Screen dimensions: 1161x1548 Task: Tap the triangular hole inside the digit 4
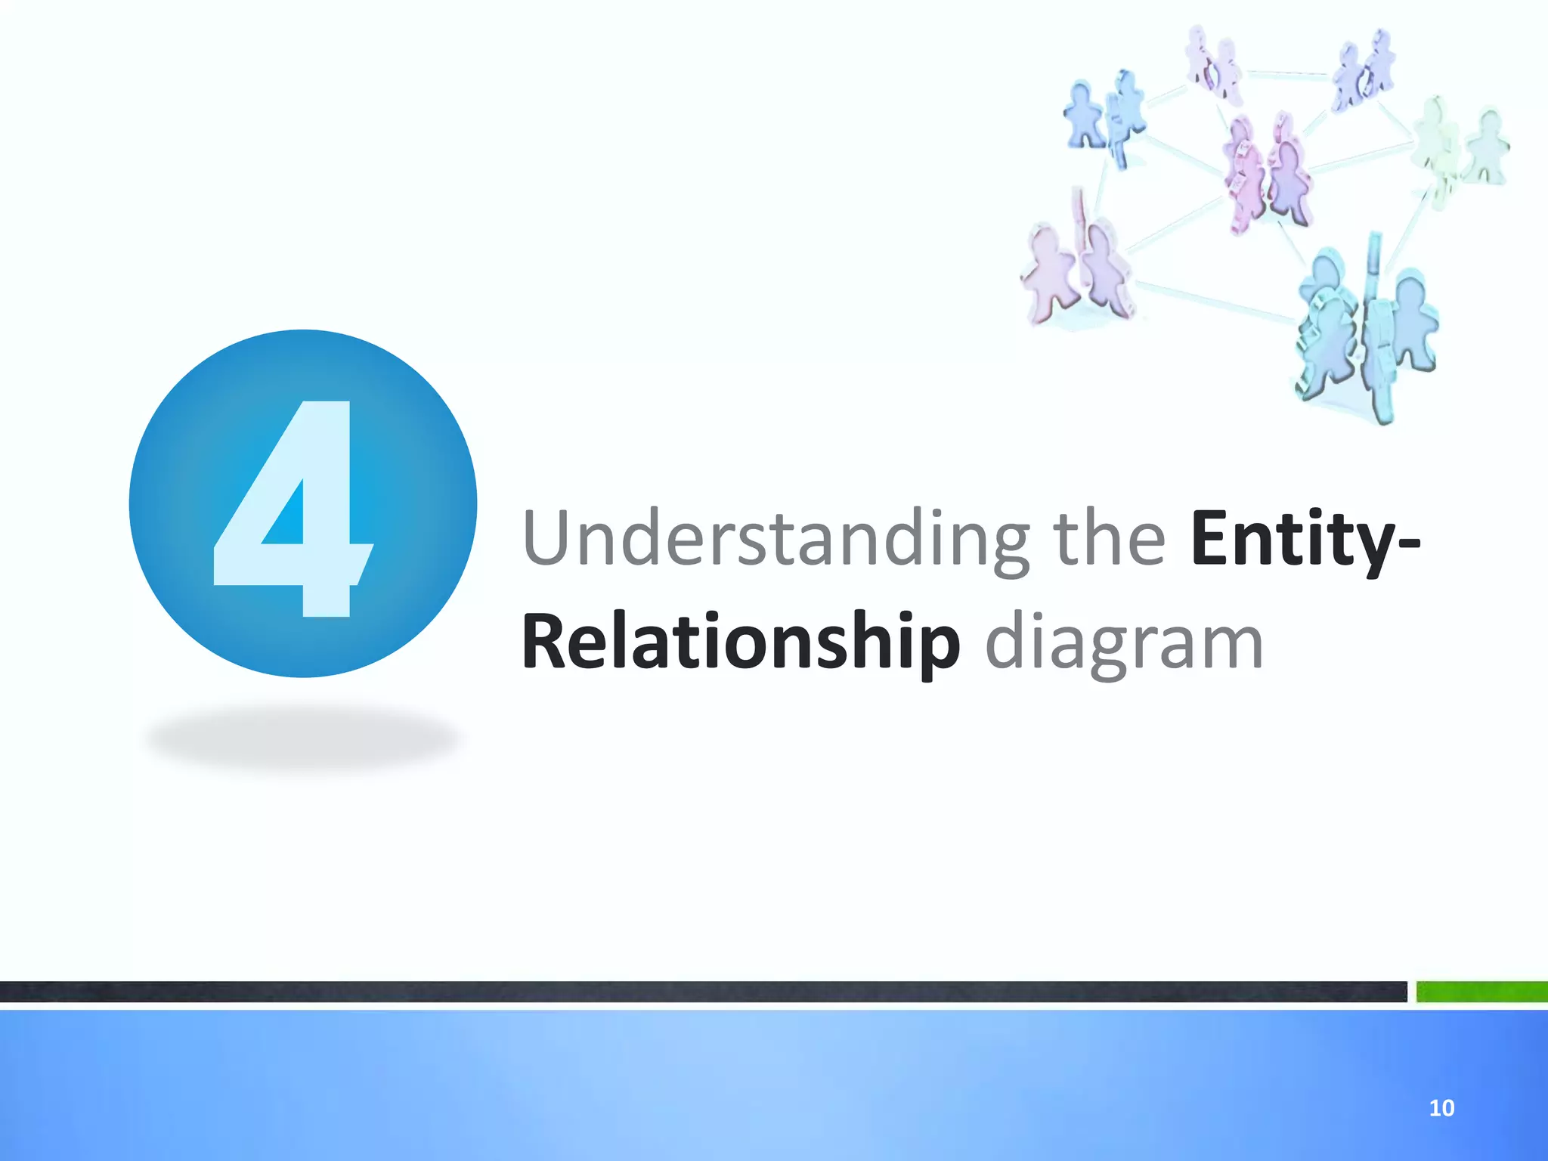click(286, 517)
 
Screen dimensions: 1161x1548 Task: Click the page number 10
click(1441, 1108)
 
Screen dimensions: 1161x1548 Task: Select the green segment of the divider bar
click(1481, 991)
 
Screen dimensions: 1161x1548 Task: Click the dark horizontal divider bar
click(703, 991)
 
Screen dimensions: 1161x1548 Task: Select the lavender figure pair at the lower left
click(1077, 272)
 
